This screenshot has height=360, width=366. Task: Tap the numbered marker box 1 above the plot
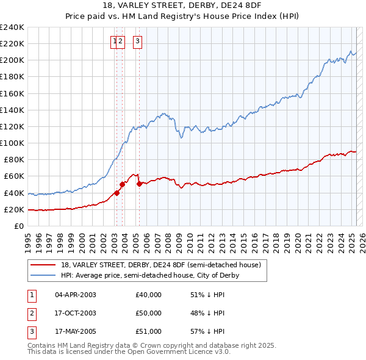(x=114, y=41)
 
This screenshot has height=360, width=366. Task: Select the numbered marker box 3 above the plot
(x=137, y=41)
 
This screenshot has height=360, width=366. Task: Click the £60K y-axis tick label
(x=14, y=176)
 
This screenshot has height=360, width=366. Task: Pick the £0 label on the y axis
(x=20, y=226)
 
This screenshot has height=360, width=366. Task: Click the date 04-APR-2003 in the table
(x=76, y=294)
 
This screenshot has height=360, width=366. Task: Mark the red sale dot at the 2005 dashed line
(x=139, y=184)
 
